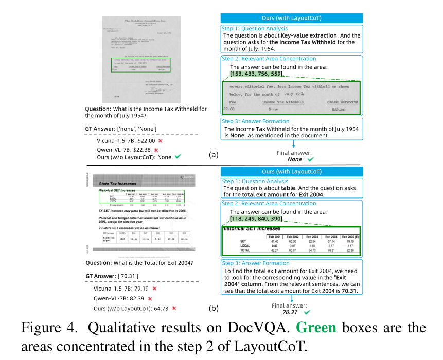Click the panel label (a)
coord(214,154)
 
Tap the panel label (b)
coord(213,309)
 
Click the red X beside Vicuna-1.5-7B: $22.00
coord(161,140)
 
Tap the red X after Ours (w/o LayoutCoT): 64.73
coord(174,308)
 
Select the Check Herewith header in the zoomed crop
coord(342,102)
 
